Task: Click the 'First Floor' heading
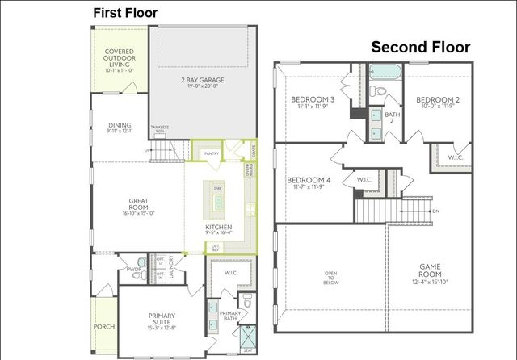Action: (125, 12)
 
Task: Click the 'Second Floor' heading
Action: (420, 48)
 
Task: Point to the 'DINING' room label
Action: (120, 126)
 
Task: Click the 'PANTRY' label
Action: (212, 153)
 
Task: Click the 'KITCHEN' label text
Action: (218, 228)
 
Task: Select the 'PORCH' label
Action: (104, 327)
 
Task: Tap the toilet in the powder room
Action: (142, 262)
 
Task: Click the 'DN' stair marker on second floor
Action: (435, 211)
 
